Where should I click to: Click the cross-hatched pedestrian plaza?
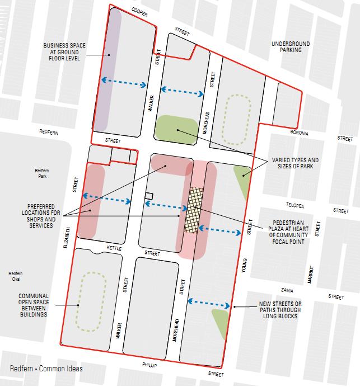pos(194,210)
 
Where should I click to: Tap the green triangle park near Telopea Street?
pos(242,177)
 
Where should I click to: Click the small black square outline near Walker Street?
pos(148,195)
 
